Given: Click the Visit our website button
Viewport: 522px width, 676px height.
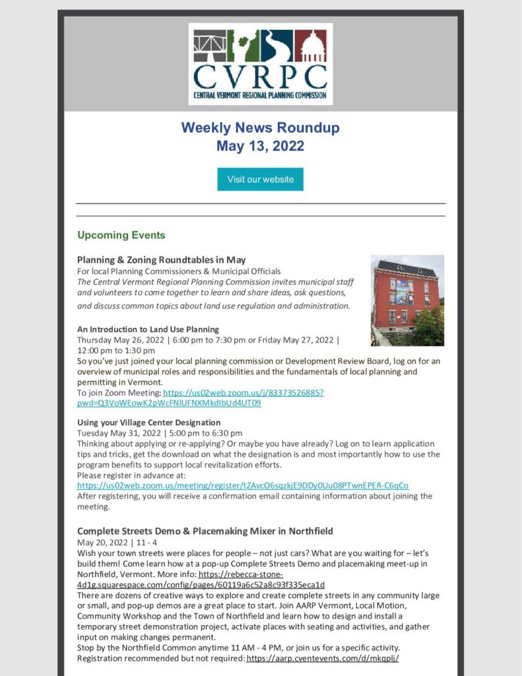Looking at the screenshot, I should click(260, 180).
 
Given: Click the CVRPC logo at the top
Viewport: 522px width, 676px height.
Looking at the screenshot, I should click(260, 64).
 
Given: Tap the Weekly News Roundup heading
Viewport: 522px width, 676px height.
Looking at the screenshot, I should click(260, 127).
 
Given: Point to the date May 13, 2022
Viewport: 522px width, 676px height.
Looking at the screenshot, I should click(260, 145).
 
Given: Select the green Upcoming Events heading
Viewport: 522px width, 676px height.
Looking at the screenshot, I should click(121, 235).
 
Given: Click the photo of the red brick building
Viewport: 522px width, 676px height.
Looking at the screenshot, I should click(407, 300).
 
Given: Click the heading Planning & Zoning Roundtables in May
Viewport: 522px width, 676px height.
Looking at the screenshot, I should click(161, 259).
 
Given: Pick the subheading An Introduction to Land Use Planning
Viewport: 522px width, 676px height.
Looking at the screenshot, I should click(148, 329).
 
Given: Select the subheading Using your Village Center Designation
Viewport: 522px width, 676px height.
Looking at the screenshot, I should click(148, 422).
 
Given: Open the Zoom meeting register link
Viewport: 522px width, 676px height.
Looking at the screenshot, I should click(242, 485).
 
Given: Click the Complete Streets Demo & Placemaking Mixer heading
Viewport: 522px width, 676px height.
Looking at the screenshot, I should click(205, 531).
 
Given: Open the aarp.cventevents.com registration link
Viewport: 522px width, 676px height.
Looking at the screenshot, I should click(323, 658).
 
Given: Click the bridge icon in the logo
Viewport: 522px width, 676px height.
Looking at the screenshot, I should click(210, 45).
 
